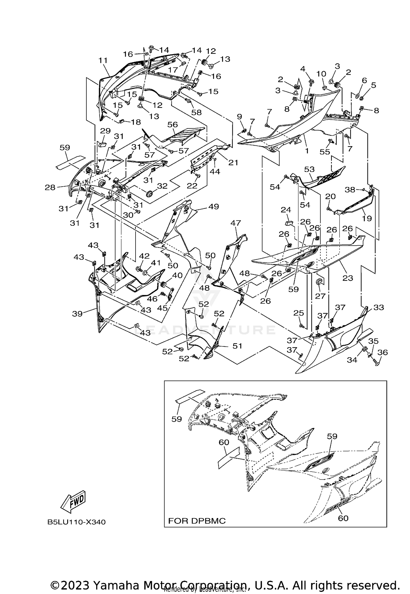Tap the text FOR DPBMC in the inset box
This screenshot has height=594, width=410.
(x=197, y=521)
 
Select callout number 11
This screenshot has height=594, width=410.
(x=103, y=60)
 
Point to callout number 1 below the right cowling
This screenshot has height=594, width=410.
(x=307, y=151)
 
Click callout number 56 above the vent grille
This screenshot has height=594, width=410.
(x=172, y=125)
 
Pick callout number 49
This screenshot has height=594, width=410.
(x=213, y=207)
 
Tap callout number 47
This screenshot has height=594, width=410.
(x=236, y=223)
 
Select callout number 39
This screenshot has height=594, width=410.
(x=77, y=314)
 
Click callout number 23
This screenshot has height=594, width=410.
(x=348, y=278)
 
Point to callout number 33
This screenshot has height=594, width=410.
(x=379, y=307)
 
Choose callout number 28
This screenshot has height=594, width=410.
(x=50, y=187)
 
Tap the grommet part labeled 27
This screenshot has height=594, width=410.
(x=319, y=282)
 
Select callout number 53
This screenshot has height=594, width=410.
(x=309, y=170)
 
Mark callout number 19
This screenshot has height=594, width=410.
(x=367, y=218)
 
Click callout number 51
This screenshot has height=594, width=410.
(x=237, y=346)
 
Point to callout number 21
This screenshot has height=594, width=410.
(x=233, y=163)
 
